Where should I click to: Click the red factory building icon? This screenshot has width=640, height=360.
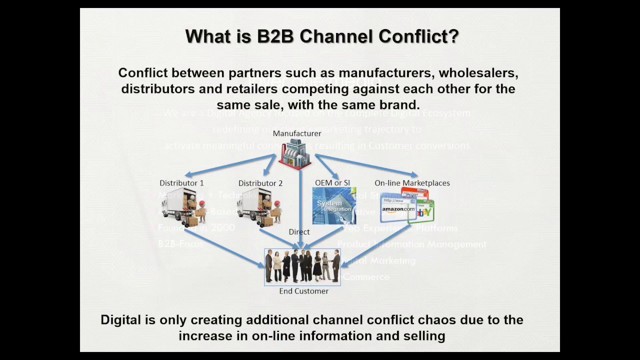click(x=295, y=153)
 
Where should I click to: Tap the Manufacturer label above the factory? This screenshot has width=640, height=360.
click(x=297, y=133)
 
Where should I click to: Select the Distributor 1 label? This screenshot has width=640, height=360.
click(x=181, y=183)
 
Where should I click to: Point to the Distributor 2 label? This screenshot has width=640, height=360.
click(x=260, y=183)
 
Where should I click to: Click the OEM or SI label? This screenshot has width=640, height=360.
click(x=332, y=182)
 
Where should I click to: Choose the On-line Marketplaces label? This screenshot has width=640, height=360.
click(x=412, y=182)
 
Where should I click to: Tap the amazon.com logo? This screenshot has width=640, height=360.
click(x=398, y=209)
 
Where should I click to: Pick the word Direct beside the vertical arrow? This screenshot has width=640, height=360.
click(x=299, y=231)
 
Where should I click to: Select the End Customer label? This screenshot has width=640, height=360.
click(x=303, y=291)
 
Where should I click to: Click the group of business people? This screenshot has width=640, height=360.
click(x=302, y=266)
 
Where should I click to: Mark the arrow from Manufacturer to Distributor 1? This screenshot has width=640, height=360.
click(x=229, y=165)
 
